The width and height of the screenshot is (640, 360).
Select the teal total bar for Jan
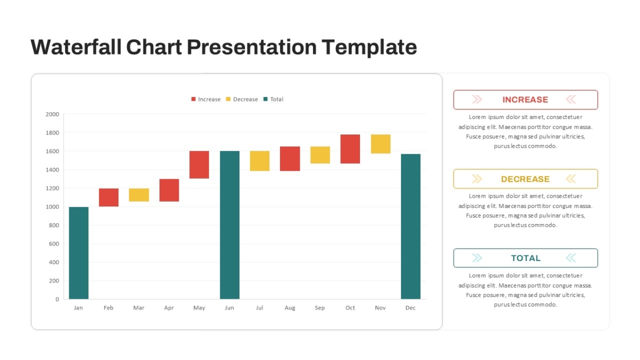[78, 253]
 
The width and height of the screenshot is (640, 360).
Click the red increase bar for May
[199, 165]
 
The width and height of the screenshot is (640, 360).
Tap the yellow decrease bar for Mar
[139, 195]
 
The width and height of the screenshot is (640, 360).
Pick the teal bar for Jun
[230, 225]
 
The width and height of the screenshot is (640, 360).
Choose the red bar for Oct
[350, 149]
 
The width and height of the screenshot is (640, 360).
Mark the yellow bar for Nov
[381, 144]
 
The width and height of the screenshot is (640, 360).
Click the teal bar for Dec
[411, 227]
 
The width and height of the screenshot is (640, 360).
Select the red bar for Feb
[109, 197]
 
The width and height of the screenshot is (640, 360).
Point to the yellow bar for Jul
[260, 161]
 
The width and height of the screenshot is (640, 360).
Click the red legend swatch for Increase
[194, 99]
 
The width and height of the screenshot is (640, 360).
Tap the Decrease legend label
[245, 99]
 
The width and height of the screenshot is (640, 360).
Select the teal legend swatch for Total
[266, 99]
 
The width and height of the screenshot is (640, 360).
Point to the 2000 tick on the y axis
[52, 114]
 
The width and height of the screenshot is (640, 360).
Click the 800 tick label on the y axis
[54, 225]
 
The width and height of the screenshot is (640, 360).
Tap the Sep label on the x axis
[319, 308]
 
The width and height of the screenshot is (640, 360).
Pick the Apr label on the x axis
[169, 308]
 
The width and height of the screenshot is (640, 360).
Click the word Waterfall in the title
[76, 47]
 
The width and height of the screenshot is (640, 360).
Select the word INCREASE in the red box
[525, 99]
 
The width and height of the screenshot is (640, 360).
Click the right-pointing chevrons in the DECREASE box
[477, 179]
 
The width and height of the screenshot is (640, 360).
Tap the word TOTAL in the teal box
[526, 258]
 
